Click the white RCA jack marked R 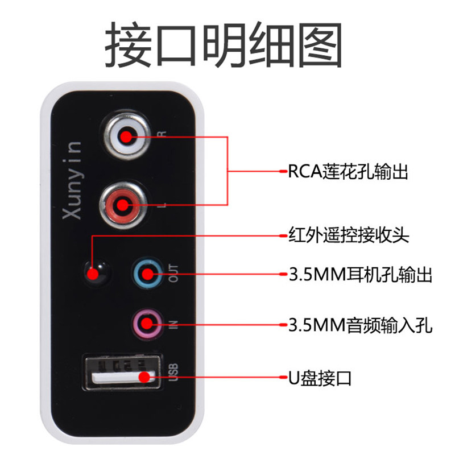[126, 136]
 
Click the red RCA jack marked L [123, 205]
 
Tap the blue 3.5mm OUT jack [147, 274]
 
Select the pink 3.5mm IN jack [147, 323]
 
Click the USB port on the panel [122, 373]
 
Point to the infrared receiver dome [97, 273]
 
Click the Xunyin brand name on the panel [72, 180]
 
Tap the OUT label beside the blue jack [173, 274]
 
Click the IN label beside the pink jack [173, 324]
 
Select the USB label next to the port [173, 373]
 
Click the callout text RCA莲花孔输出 [348, 171]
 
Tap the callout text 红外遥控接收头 [349, 234]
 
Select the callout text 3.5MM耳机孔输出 [361, 274]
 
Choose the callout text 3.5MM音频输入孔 [361, 325]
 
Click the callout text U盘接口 [320, 378]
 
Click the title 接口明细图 [223, 44]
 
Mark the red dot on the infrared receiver [93, 274]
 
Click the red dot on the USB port [144, 377]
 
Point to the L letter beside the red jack [163, 205]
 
